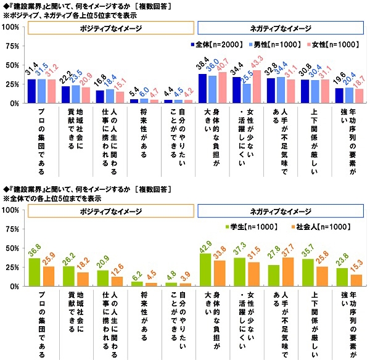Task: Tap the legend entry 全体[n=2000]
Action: [210, 44]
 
